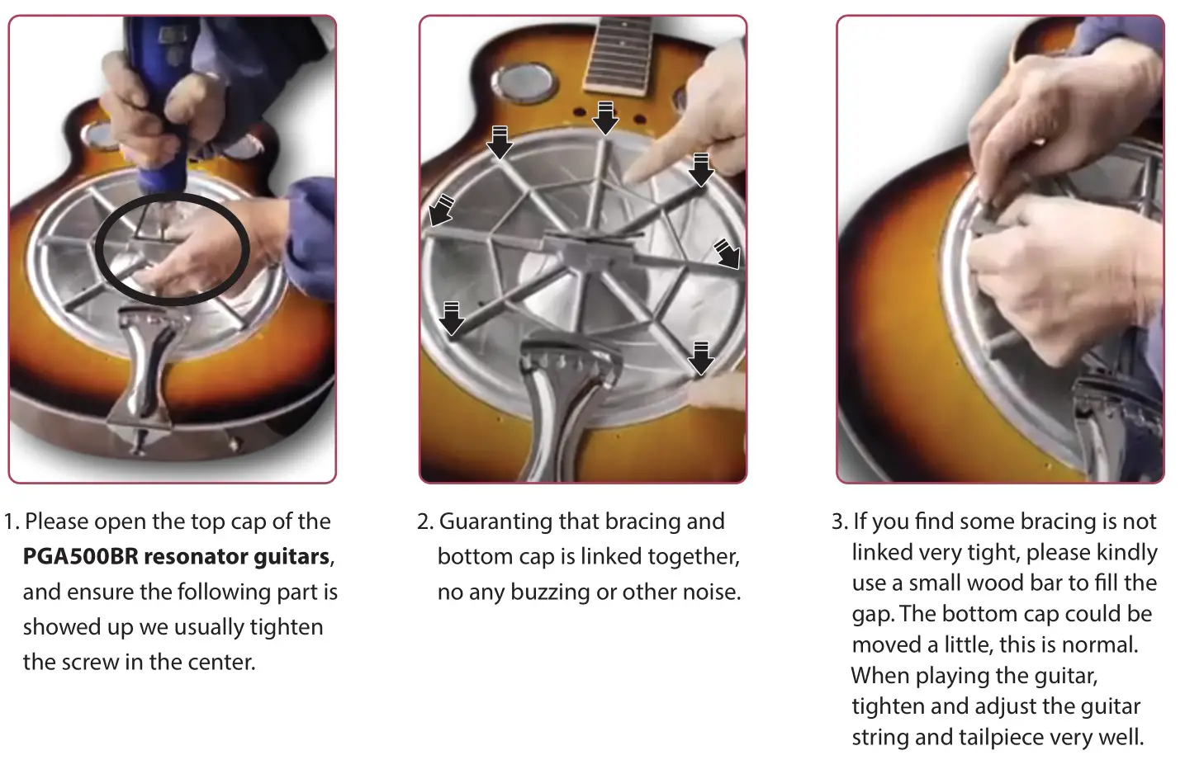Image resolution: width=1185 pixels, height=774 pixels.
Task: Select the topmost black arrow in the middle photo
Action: (606, 118)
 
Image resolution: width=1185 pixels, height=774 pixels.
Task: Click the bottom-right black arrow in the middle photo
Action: (700, 357)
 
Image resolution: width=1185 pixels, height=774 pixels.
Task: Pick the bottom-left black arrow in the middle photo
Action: (451, 318)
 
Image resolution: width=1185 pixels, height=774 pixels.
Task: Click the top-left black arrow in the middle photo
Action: (500, 142)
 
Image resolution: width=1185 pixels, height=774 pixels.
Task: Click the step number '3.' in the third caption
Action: (839, 522)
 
